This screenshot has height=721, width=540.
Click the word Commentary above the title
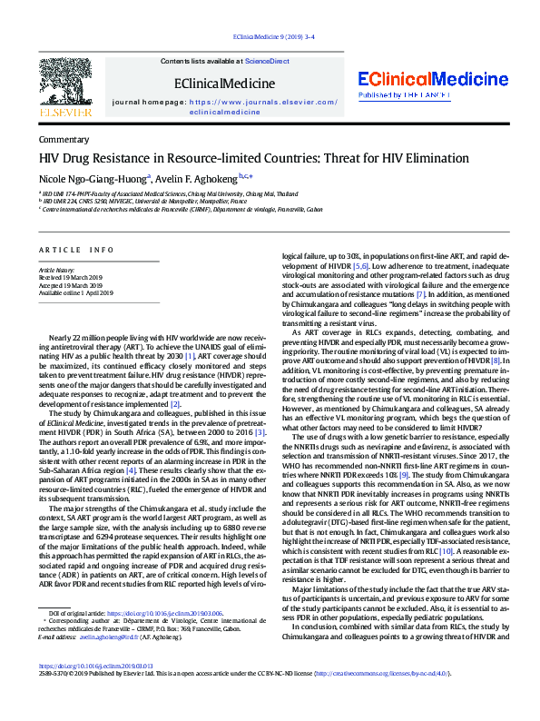click(64, 140)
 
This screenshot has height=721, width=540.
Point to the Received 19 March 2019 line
click(69, 279)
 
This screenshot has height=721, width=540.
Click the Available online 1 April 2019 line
click(75, 293)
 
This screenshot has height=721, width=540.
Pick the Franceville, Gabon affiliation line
click(182, 210)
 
